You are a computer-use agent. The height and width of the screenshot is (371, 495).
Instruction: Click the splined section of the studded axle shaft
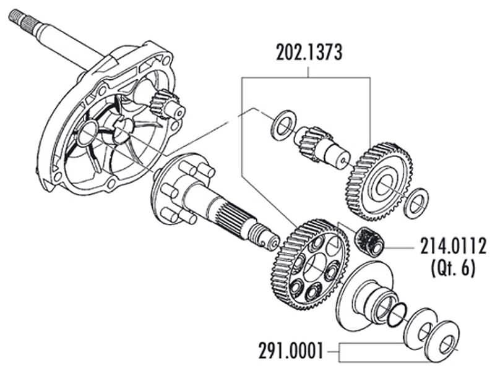(235, 216)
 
